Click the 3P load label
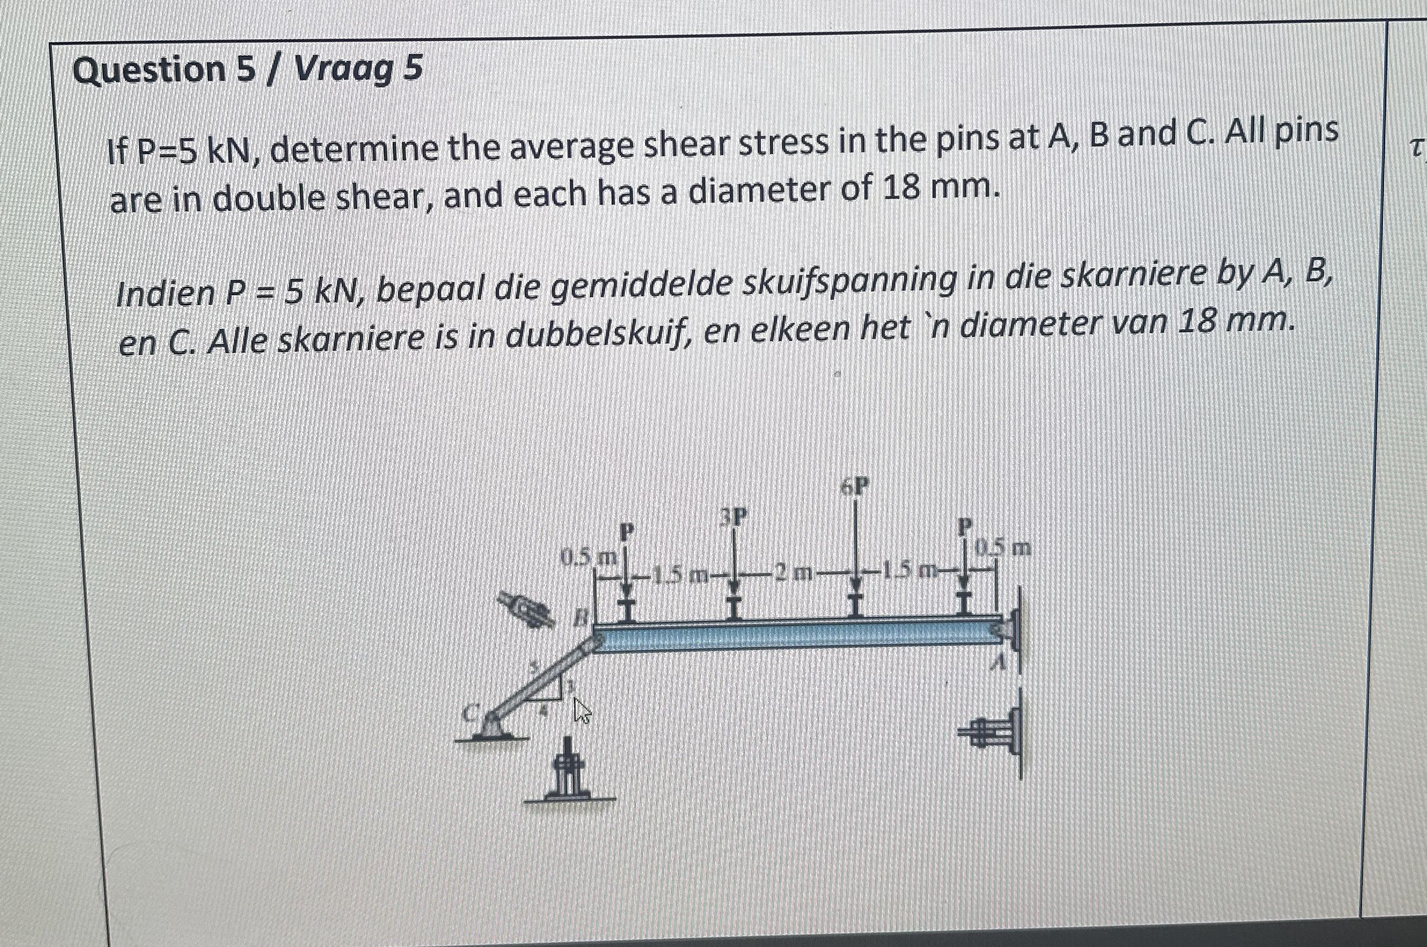(x=733, y=517)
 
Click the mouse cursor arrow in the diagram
(x=581, y=711)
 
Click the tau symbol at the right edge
(x=1415, y=149)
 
